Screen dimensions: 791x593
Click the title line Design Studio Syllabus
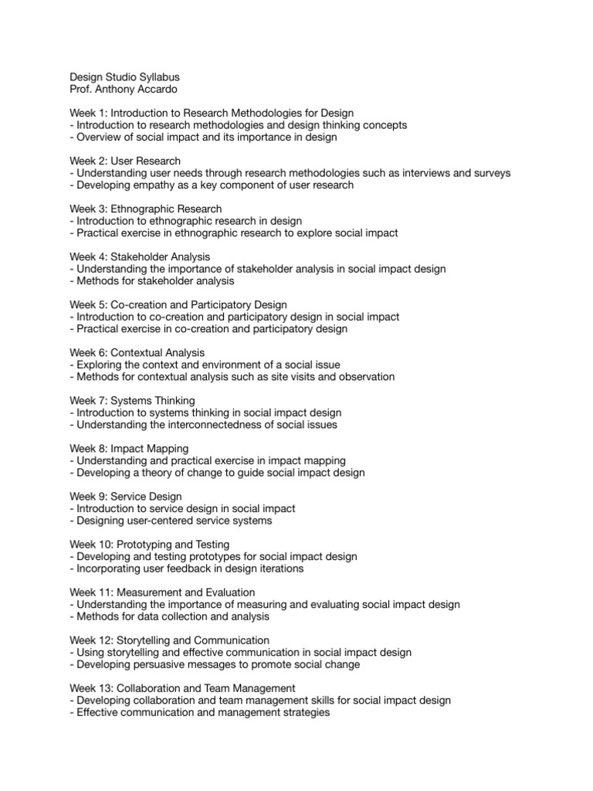[x=124, y=77]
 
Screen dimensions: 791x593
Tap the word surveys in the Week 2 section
[x=491, y=173]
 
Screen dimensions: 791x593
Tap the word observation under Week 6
[x=364, y=377]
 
